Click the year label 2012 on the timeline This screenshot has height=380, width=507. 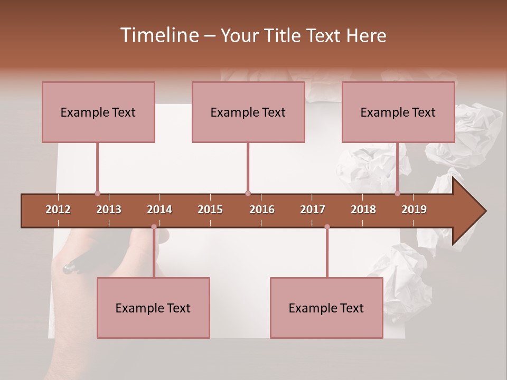[58, 210]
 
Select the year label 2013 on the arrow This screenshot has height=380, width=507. [109, 210]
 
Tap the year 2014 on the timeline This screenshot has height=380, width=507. [159, 210]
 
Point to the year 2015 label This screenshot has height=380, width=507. [210, 210]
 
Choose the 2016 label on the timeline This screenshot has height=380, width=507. [262, 210]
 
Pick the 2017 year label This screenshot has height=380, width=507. [313, 210]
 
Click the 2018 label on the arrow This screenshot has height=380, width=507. [363, 210]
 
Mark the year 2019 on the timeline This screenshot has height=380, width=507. [414, 210]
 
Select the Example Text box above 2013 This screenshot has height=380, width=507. [98, 112]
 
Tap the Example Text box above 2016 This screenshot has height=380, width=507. [248, 112]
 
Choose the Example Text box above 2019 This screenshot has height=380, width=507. [398, 112]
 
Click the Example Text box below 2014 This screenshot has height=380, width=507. [153, 308]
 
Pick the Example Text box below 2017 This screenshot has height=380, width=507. [326, 308]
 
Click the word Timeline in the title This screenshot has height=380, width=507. [159, 35]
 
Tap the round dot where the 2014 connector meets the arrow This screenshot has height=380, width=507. [154, 227]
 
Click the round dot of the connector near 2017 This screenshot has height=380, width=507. [327, 227]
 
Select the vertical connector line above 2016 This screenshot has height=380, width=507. [248, 166]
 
